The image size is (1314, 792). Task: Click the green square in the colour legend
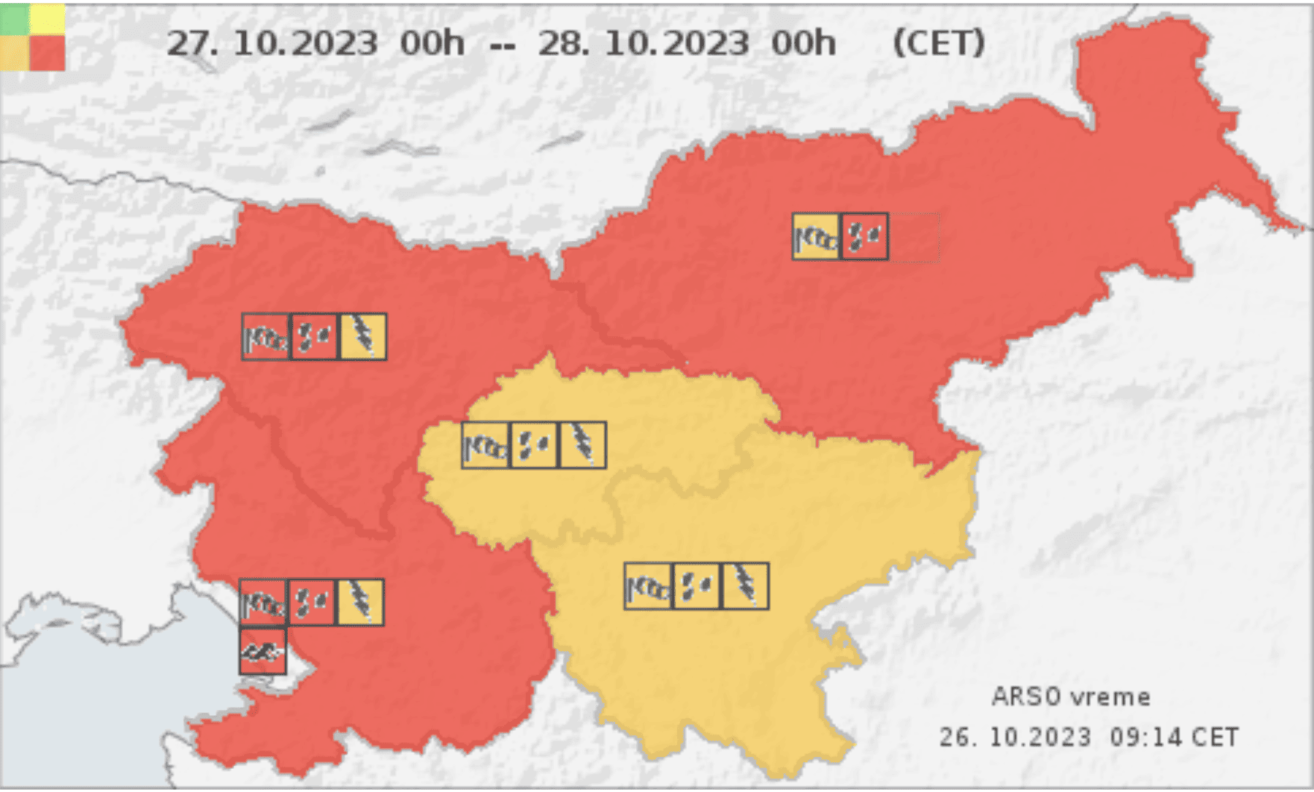pyautogui.click(x=15, y=19)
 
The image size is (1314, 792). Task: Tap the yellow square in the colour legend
pyautogui.click(x=48, y=19)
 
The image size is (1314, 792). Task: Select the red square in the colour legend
pyautogui.click(x=48, y=53)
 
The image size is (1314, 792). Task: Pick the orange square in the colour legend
pyautogui.click(x=15, y=53)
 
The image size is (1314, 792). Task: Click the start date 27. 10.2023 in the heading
pyautogui.click(x=271, y=43)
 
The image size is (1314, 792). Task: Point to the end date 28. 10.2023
pyautogui.click(x=643, y=43)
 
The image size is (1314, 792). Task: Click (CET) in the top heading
pyautogui.click(x=939, y=43)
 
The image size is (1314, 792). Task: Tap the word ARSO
pyautogui.click(x=1026, y=697)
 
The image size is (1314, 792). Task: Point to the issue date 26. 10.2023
pyautogui.click(x=1015, y=738)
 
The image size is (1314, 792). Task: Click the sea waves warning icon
pyautogui.click(x=263, y=652)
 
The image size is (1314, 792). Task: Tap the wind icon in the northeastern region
pyautogui.click(x=816, y=237)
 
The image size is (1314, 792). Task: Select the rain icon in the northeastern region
pyautogui.click(x=865, y=237)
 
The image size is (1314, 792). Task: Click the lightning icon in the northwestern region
pyautogui.click(x=363, y=336)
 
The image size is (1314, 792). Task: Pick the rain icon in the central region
pyautogui.click(x=534, y=445)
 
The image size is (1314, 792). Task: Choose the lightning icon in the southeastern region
pyautogui.click(x=745, y=586)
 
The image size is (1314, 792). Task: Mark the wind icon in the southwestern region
pyautogui.click(x=263, y=602)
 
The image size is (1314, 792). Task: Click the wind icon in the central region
pyautogui.click(x=485, y=445)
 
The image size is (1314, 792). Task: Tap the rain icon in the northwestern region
pyautogui.click(x=314, y=336)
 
